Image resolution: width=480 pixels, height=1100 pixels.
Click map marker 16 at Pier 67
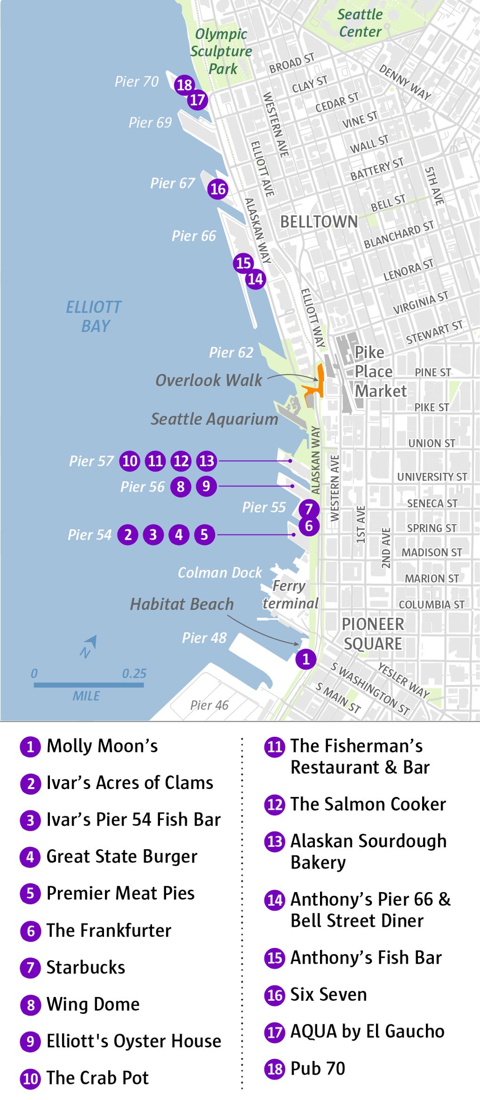[x=218, y=189]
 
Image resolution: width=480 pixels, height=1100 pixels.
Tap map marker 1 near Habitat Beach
[x=306, y=659]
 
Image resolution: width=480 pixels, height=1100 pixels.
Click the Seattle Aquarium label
[x=214, y=419]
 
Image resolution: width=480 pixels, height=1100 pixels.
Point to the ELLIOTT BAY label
[x=94, y=316]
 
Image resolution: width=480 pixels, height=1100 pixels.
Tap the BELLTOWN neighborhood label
[x=319, y=222]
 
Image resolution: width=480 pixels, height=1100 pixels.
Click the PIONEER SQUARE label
[x=373, y=634]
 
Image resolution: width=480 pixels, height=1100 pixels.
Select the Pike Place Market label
[x=380, y=372]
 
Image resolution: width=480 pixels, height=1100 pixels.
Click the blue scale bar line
[x=88, y=685]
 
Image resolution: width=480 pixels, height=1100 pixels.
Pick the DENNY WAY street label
[x=405, y=82]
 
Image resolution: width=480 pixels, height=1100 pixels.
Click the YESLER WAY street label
[x=404, y=680]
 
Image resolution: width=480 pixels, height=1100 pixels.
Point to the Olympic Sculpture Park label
[x=221, y=51]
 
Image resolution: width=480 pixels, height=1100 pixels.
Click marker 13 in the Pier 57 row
[x=207, y=461]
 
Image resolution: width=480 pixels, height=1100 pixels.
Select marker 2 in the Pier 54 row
[x=128, y=534]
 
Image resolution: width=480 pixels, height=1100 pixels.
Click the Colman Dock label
[x=219, y=573]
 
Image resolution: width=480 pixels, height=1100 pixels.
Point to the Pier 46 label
[x=209, y=705]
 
